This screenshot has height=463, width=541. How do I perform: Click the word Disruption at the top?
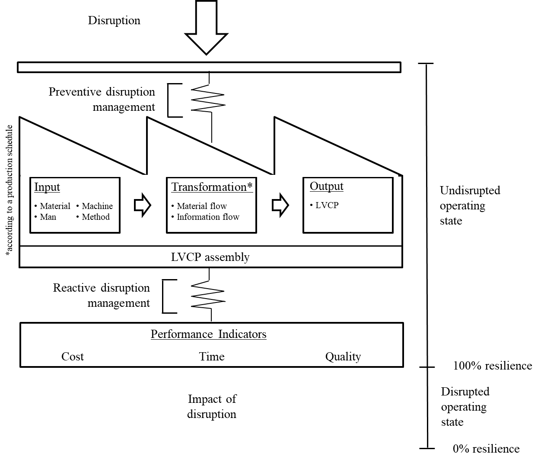coord(114,20)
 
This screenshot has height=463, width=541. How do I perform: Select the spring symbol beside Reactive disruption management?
coord(208,294)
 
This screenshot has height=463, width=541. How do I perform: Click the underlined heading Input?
coord(47,187)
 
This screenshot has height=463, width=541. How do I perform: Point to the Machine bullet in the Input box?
coord(95,206)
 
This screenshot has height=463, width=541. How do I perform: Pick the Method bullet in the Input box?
coord(93,217)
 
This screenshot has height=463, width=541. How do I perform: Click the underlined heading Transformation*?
coord(212,187)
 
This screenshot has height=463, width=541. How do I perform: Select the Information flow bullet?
coord(205,217)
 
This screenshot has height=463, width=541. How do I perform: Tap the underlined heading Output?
coord(326,186)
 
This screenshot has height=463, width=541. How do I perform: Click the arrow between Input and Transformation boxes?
coord(143,205)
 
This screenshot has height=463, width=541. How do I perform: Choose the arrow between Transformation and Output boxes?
coord(280,205)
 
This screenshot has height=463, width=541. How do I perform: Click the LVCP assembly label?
coord(210,257)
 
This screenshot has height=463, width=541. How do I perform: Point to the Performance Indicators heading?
coord(209,334)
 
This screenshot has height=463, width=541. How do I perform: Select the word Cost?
coord(73,357)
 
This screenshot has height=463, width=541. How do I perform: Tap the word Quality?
coord(343,357)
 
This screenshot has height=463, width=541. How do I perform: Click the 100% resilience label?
coord(493,366)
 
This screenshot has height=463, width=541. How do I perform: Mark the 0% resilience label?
coord(486,449)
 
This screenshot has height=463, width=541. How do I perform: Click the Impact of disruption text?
coord(212,407)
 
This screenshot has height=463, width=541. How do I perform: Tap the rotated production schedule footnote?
coord(9,190)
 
